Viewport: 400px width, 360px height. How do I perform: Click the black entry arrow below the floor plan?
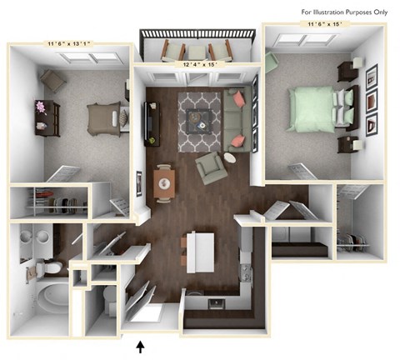point(141,347)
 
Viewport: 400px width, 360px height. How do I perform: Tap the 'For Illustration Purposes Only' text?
point(344,12)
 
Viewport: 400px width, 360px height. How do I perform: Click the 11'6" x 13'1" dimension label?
point(68,43)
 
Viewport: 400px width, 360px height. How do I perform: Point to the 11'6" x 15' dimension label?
point(324,24)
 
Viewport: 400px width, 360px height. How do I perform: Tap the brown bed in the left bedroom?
point(104,119)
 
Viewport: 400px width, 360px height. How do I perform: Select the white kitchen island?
point(200,252)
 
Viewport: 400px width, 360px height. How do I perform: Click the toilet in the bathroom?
point(49,267)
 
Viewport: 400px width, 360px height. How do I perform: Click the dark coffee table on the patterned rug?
point(198,122)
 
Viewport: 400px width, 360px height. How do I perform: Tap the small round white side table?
point(230,158)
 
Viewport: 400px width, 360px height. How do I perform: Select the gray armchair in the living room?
point(212,168)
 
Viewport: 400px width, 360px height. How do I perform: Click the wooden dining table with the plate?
point(164,183)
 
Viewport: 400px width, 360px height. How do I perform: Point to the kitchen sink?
point(217,303)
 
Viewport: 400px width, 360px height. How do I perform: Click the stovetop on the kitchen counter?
point(246,273)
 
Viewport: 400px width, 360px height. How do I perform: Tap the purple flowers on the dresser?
point(41,107)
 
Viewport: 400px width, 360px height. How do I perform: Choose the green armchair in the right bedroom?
point(271,62)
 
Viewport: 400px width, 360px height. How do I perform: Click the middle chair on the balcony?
point(197,52)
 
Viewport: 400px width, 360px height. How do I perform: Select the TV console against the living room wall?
point(152,124)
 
